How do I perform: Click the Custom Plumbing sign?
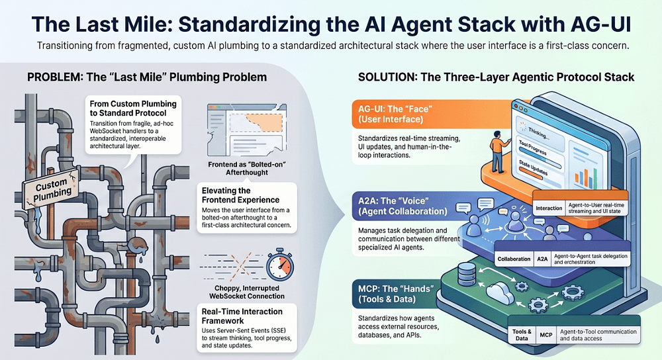point(51,189)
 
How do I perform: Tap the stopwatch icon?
point(279,265)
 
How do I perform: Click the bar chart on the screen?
point(586,177)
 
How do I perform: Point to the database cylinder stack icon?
point(467,273)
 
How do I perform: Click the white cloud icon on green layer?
point(500,291)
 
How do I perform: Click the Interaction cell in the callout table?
point(549,208)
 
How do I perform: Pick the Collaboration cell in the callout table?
point(514,259)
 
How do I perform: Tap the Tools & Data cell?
point(522,335)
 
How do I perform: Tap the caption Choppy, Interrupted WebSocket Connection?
point(246,292)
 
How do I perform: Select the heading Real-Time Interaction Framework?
point(242,316)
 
